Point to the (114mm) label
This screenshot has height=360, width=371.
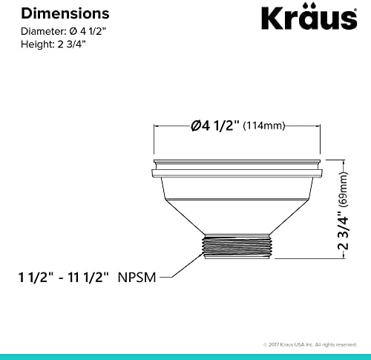tap(263, 126)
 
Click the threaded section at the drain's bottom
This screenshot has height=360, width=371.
tap(238, 246)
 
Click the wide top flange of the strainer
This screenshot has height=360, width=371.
tap(238, 172)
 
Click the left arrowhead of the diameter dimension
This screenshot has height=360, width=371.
tap(157, 126)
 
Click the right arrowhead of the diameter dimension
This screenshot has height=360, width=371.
tap(319, 126)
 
